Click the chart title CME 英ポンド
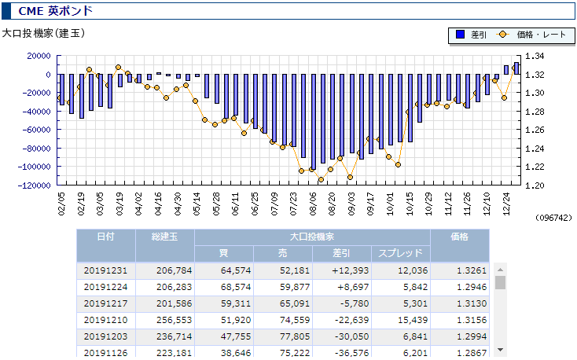pyautogui.click(x=55, y=11)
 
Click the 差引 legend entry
pyautogui.click(x=472, y=35)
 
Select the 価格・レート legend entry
pyautogui.click(x=531, y=35)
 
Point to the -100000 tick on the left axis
pyautogui.click(x=35, y=167)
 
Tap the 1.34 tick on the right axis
pyautogui.click(x=535, y=56)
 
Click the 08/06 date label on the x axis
pyautogui.click(x=313, y=204)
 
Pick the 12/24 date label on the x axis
pyautogui.click(x=506, y=204)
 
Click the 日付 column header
pyautogui.click(x=106, y=237)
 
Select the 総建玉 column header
pyautogui.click(x=165, y=237)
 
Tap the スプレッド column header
pyautogui.click(x=400, y=253)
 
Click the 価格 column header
pyautogui.click(x=459, y=237)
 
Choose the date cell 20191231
pyautogui.click(x=105, y=270)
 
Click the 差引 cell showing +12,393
pyautogui.click(x=350, y=270)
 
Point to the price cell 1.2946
pyautogui.click(x=472, y=287)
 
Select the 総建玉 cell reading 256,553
pyautogui.click(x=174, y=320)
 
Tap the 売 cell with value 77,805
pyautogui.click(x=295, y=336)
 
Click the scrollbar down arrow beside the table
pyautogui.click(x=501, y=350)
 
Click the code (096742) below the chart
pyautogui.click(x=553, y=218)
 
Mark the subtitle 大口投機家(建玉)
pyautogui.click(x=43, y=34)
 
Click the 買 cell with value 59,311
pyautogui.click(x=236, y=303)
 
